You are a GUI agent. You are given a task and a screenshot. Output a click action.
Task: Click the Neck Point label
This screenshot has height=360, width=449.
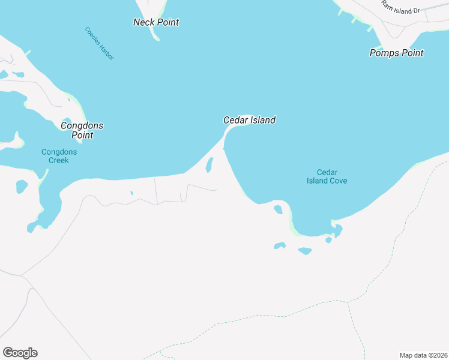click(156, 22)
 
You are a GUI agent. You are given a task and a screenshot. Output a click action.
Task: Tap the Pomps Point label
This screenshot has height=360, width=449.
click(396, 53)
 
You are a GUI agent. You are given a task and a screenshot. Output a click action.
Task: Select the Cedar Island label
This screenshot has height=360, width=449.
click(249, 120)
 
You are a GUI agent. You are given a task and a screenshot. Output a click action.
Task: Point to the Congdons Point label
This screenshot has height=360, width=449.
click(82, 130)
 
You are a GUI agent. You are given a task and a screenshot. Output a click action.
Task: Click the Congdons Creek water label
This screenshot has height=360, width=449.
click(59, 156)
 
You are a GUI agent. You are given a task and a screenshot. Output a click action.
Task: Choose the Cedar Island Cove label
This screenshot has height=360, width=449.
click(327, 176)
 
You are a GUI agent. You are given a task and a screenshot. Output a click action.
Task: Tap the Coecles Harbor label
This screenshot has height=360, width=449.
click(99, 43)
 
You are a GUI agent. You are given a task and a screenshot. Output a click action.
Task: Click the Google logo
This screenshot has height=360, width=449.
click(20, 353)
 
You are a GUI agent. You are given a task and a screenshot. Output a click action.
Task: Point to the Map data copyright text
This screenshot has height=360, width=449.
click(423, 355)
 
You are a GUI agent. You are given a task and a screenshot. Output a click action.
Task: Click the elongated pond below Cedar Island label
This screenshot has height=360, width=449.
click(209, 164)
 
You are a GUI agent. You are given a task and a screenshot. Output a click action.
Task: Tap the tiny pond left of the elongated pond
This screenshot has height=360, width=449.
click(131, 193)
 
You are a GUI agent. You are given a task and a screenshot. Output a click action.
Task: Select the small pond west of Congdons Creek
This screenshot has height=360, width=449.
click(22, 186)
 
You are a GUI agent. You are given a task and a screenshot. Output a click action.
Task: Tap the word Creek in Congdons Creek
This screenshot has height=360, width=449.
click(59, 160)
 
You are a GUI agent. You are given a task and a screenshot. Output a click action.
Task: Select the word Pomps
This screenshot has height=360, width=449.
click(383, 53)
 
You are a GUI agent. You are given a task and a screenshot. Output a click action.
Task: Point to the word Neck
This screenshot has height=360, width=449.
click(143, 22)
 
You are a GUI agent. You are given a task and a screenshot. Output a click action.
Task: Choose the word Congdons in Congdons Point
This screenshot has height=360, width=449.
click(82, 125)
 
